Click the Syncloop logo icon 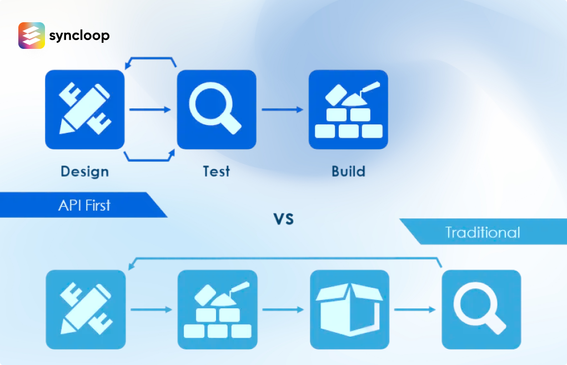tap(32, 36)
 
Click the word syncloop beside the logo tap(79, 36)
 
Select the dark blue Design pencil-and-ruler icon tap(84, 109)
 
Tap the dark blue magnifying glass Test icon tap(217, 109)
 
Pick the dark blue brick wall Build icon tap(348, 109)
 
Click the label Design tap(84, 171)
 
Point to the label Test tap(217, 171)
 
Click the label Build tap(348, 171)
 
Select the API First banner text tap(84, 205)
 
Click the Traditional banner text tap(483, 232)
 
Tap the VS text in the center tap(283, 219)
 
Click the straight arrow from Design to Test tap(150, 109)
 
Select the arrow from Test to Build tap(282, 109)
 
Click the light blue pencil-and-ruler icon tap(86, 309)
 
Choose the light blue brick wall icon tap(217, 309)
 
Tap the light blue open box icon tap(349, 309)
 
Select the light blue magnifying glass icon tap(481, 309)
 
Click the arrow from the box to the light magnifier tap(414, 309)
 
